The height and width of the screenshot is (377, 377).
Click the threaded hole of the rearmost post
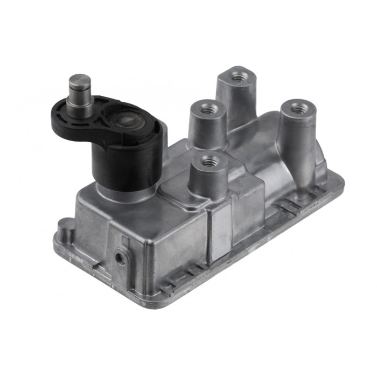pos(235,77)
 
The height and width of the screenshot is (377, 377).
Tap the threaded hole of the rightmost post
pos(297,108)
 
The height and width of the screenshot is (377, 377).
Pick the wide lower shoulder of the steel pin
pos(80,102)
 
